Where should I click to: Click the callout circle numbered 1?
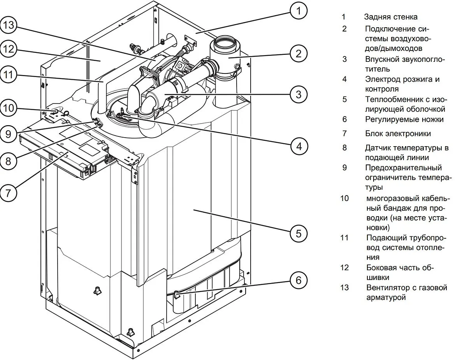click(298, 11)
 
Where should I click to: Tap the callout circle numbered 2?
click(298, 53)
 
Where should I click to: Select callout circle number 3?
click(298, 94)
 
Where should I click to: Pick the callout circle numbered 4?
click(298, 147)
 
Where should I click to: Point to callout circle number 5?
click(298, 233)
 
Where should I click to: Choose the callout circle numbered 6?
click(298, 280)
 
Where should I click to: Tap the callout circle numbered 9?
click(8, 135)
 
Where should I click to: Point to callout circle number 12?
click(8, 49)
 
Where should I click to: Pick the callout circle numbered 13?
click(8, 25)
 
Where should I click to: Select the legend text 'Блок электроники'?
click(398, 134)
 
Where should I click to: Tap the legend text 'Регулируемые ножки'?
click(404, 119)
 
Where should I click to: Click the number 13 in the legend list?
click(344, 288)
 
